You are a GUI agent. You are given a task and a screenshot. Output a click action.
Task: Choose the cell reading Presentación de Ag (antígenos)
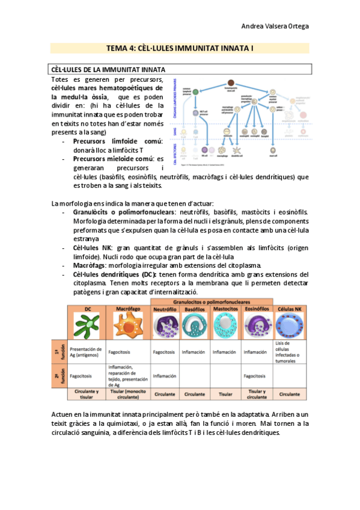pyautogui.click(x=85, y=352)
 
